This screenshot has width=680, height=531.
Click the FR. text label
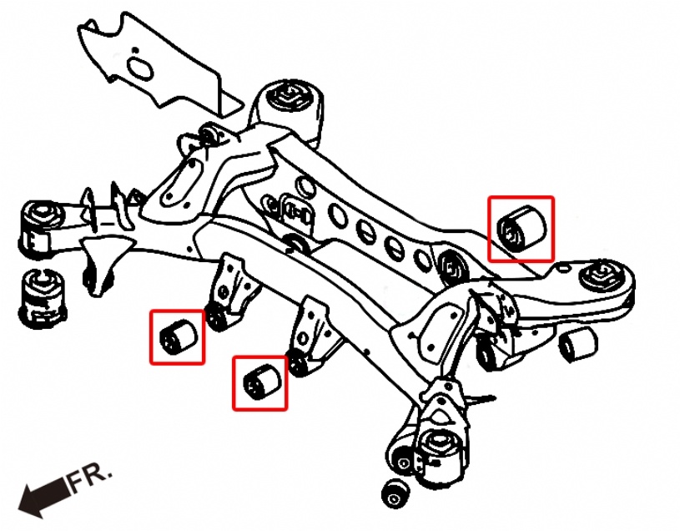[90, 478]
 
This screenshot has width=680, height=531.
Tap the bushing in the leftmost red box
[178, 337]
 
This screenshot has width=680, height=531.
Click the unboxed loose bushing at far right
[578, 345]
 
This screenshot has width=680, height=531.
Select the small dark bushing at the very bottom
[396, 493]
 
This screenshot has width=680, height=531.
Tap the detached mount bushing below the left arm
[43, 298]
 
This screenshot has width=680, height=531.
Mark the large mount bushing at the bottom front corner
[441, 456]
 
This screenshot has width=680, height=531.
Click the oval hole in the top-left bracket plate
[140, 68]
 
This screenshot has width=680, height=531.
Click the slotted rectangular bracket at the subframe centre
[297, 212]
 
